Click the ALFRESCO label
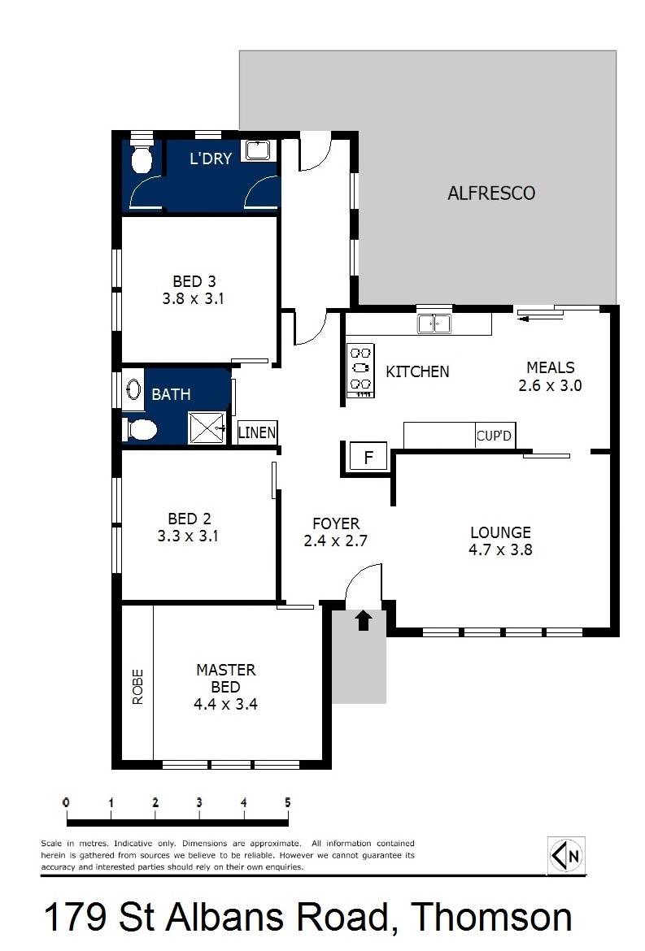pos(491,193)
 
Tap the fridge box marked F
pos(368,458)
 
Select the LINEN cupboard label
pos(257,432)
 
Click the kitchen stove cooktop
pos(360,371)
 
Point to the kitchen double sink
pos(434,324)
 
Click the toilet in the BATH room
pos(141,428)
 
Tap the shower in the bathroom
pos(207,428)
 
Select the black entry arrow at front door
pos(364,621)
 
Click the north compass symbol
pos(566,856)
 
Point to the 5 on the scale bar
pos(287,802)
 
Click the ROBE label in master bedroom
pos(137,686)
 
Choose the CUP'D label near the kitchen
pos(495,436)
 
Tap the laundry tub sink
pos(259,150)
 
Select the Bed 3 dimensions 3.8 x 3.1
pos(193,298)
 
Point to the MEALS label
pos(550,367)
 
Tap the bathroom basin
pos(134,390)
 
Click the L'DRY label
pos(211,158)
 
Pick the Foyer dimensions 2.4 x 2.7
pos(336,541)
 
